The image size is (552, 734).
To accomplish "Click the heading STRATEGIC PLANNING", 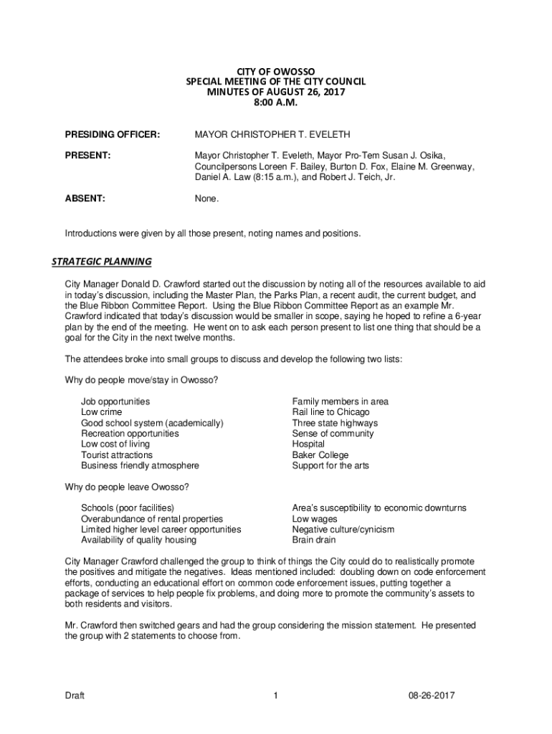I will click(101, 261).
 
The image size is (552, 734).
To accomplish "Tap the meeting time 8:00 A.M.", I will click(275, 104).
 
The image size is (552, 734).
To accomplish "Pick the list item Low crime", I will click(101, 412).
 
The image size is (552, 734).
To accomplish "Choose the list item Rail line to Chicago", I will click(330, 412).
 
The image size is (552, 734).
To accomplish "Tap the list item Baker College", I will click(320, 454).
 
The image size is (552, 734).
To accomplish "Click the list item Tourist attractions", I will click(117, 454).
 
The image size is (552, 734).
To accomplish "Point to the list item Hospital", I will click(309, 444).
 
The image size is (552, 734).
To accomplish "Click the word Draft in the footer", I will click(75, 695).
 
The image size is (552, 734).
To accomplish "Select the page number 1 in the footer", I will click(275, 695).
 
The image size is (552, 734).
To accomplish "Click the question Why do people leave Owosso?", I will click(127, 487).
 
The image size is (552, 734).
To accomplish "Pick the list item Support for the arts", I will click(330, 465).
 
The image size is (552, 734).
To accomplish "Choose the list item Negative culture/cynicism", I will click(343, 529).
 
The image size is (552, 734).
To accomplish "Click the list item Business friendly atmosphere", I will click(140, 465).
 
